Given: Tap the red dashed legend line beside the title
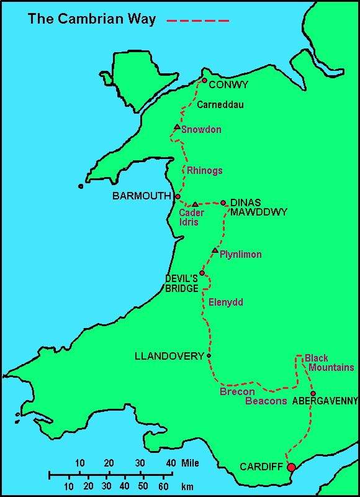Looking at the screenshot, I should coord(198,21).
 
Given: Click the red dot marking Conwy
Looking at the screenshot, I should coord(204,80).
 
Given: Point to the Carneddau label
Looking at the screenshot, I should coord(220,105).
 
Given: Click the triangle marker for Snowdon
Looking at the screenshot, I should coord(177,127).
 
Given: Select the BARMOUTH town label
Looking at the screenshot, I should coord(141,196).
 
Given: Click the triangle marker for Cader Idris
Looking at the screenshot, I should coord(195,204).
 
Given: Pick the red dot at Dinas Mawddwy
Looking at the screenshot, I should coord(223,203).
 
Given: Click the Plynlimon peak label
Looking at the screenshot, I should coord(241,255).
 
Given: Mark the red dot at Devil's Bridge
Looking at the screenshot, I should coord(202,273).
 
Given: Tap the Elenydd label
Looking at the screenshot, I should coord(226,303).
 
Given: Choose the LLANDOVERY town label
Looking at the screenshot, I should coord(169,356).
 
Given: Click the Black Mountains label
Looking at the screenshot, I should coord(329,363).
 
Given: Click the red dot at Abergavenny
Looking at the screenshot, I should coord(313,393).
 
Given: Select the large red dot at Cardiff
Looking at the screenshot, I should coord(291,467).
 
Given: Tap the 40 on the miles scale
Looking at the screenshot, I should coord(171,463).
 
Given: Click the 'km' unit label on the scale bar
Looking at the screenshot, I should coord(187,486).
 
